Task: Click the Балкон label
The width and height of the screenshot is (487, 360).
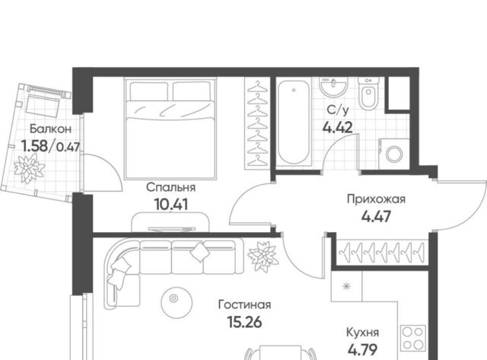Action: [50, 129]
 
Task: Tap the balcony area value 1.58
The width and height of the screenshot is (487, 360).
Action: [34, 146]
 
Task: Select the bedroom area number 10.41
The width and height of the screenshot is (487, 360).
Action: [170, 205]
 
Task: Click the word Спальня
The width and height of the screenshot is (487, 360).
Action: [170, 187]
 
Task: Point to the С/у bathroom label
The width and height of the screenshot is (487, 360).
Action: [338, 110]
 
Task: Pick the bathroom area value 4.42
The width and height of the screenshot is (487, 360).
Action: [338, 127]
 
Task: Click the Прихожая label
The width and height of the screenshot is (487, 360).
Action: [376, 199]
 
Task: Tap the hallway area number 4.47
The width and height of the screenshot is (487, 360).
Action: [376, 216]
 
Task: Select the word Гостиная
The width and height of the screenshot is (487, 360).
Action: [244, 304]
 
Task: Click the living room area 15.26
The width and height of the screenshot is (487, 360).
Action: [245, 322]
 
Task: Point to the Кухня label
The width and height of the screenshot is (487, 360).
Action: [362, 333]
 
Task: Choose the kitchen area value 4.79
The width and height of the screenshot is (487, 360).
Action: [362, 350]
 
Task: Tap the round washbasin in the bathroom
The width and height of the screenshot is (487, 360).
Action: [333, 86]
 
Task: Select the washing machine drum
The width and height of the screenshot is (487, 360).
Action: [394, 155]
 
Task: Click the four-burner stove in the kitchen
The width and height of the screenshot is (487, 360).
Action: [413, 338]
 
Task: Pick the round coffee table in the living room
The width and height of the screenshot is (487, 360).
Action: [174, 298]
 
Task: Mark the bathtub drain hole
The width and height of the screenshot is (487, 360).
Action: [294, 91]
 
